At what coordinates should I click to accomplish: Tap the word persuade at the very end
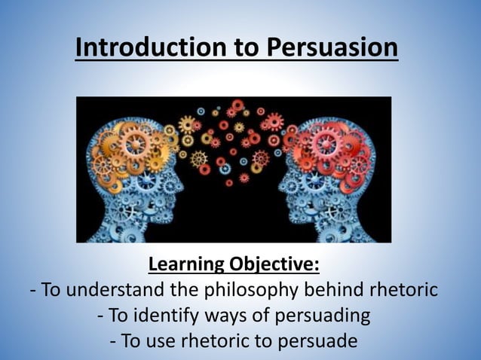[x=322, y=341]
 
